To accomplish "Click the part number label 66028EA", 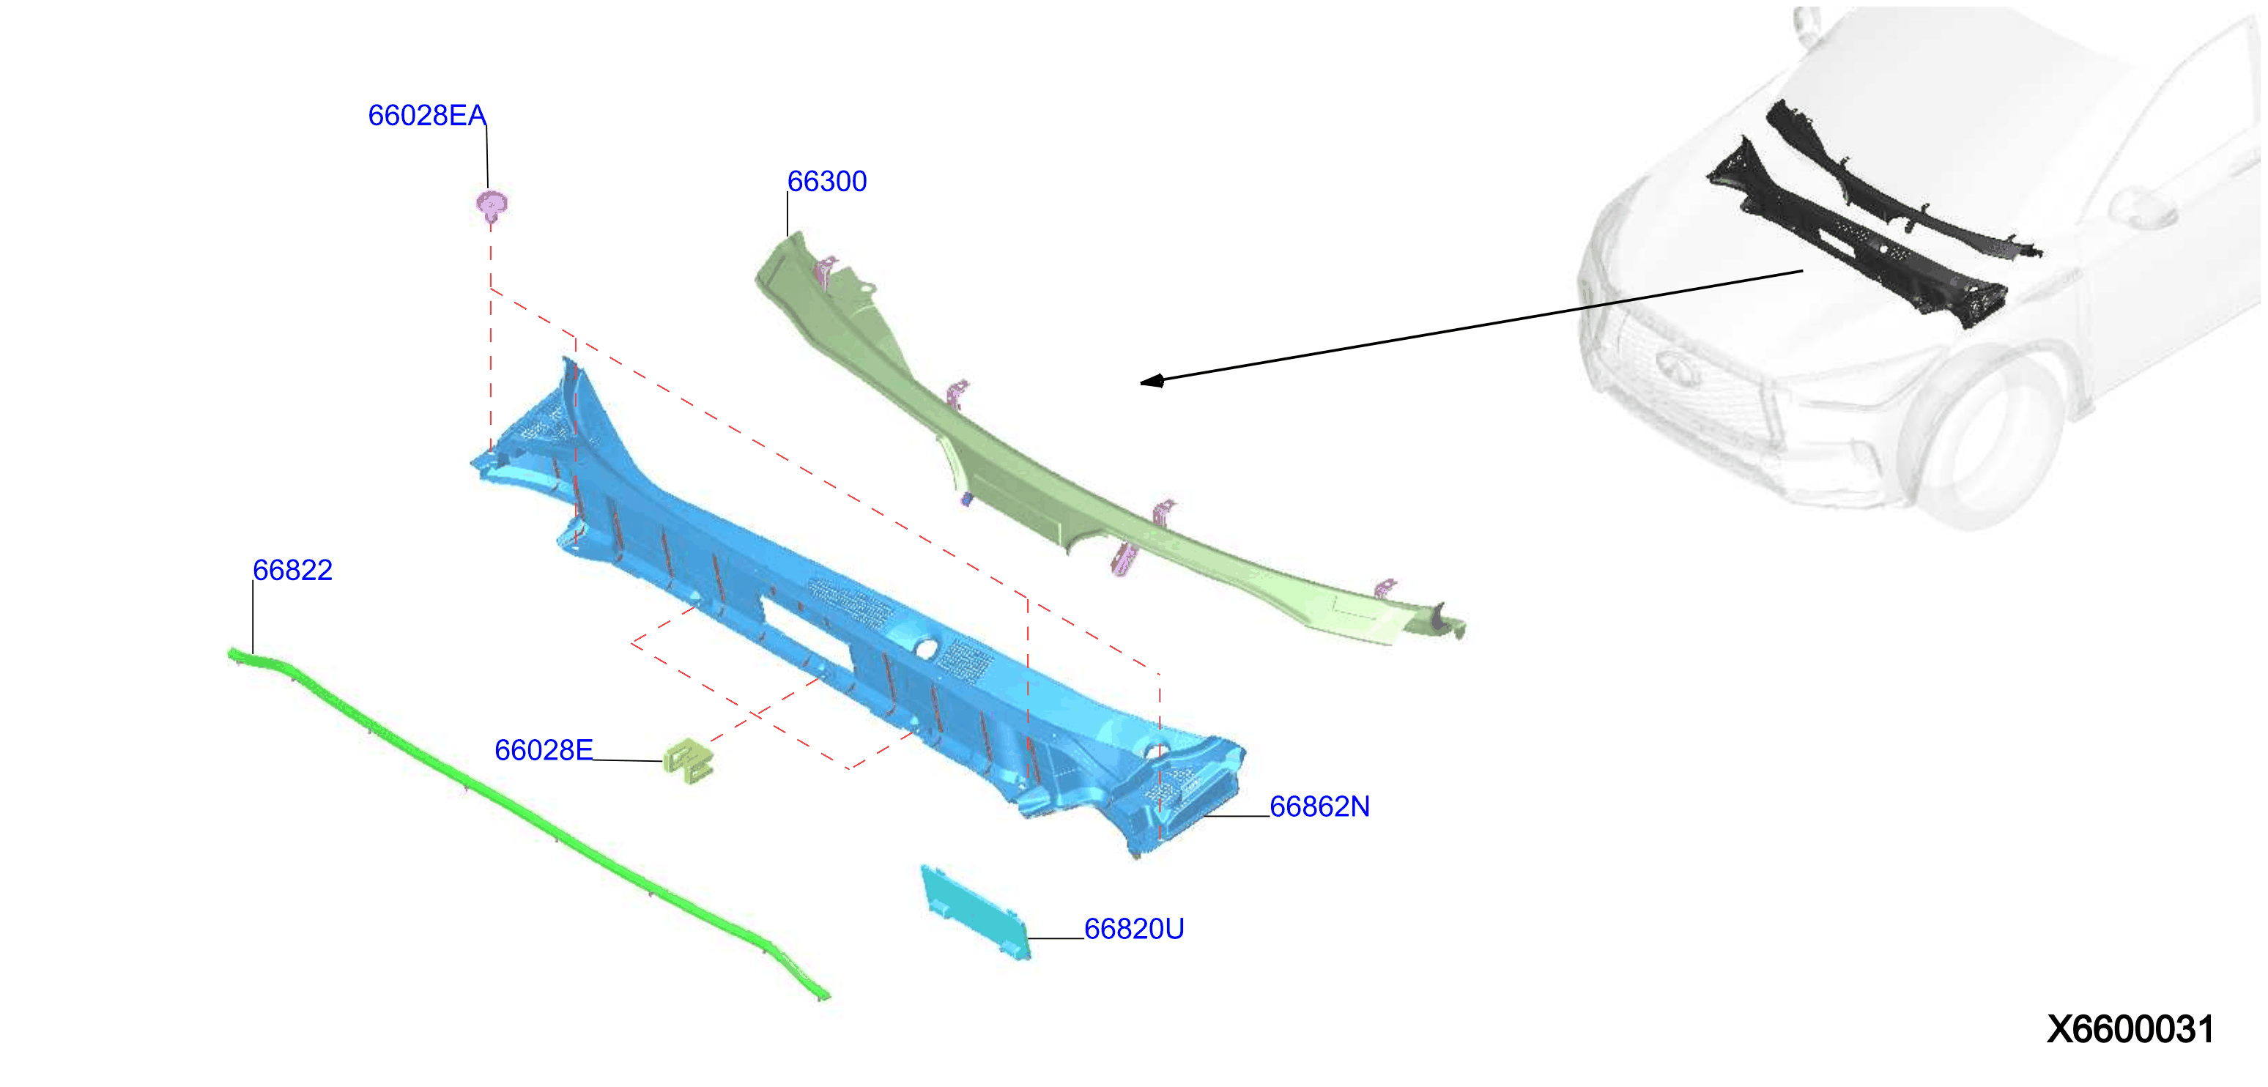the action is coord(427,115).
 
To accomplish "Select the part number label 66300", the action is coord(827,182).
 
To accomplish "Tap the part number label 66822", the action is coord(292,571).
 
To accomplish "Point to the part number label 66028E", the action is coord(544,750).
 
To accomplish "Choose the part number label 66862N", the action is coord(1319,806).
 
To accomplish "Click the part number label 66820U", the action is coord(1134,929).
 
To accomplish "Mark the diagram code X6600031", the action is coord(2130,1029).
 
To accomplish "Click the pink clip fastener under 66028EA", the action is coord(492,206).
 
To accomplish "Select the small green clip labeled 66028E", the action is coord(688,761).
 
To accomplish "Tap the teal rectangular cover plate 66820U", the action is coord(974,913).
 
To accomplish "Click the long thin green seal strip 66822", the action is coord(528,823).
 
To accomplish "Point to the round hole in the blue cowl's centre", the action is coord(925,649).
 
